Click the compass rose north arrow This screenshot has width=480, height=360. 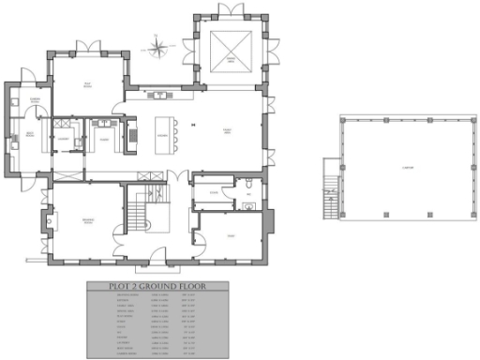click(x=157, y=42)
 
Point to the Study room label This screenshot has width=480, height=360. click(x=231, y=235)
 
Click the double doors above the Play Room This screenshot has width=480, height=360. click(x=88, y=47)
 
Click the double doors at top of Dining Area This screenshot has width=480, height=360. click(x=229, y=10)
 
